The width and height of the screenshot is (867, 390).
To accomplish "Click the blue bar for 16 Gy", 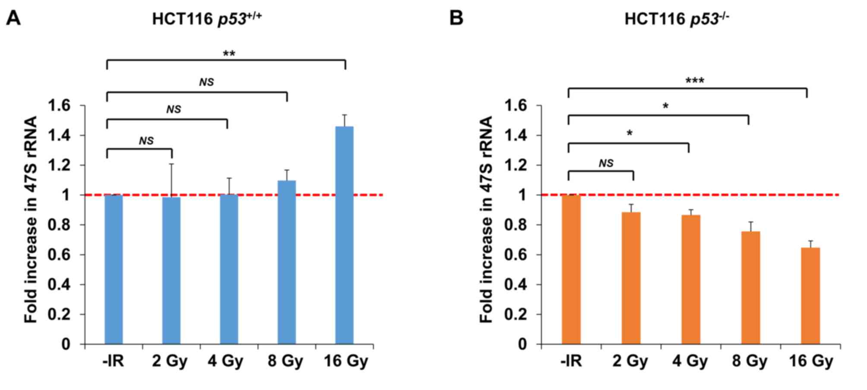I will tap(344, 235).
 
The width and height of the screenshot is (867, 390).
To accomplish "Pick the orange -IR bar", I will tap(571, 270).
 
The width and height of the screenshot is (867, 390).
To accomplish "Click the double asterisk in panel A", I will tap(229, 54).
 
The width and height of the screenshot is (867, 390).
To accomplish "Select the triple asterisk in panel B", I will tap(695, 81).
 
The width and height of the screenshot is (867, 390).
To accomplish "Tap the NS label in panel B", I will tap(606, 163).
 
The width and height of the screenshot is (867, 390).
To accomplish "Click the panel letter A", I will tap(13, 18).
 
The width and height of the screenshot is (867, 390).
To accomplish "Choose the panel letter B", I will tap(456, 18).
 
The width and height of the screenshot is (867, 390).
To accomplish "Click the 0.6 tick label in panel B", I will tap(517, 255).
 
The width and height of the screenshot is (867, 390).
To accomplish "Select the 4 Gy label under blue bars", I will tap(225, 361).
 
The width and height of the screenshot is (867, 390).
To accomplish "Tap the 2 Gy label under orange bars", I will tap(630, 361).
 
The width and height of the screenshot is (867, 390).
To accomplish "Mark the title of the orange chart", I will tap(677, 19).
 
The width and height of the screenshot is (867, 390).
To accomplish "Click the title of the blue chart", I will tap(207, 19).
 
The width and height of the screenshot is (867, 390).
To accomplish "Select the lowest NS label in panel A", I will tap(146, 141).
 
